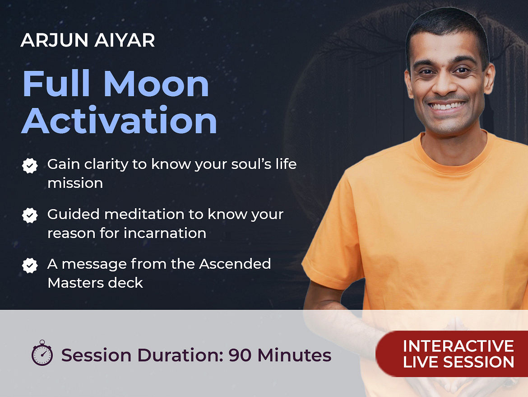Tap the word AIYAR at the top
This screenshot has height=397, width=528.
(x=125, y=40)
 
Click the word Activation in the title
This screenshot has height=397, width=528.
(x=119, y=120)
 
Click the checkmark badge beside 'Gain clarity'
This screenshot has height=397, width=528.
(x=30, y=165)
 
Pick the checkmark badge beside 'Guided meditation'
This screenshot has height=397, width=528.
(x=30, y=215)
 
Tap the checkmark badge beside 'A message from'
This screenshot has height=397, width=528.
(x=30, y=265)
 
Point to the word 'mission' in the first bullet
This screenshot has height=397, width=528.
(x=75, y=183)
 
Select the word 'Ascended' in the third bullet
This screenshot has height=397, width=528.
(x=235, y=264)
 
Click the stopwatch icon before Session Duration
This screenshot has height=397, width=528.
(x=42, y=353)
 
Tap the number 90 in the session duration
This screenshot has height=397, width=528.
(x=240, y=355)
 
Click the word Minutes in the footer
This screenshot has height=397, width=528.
(x=294, y=355)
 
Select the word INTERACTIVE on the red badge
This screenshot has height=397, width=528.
(x=459, y=346)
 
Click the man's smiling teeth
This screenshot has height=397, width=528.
(x=447, y=106)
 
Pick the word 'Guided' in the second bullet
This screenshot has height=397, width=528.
(x=74, y=214)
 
